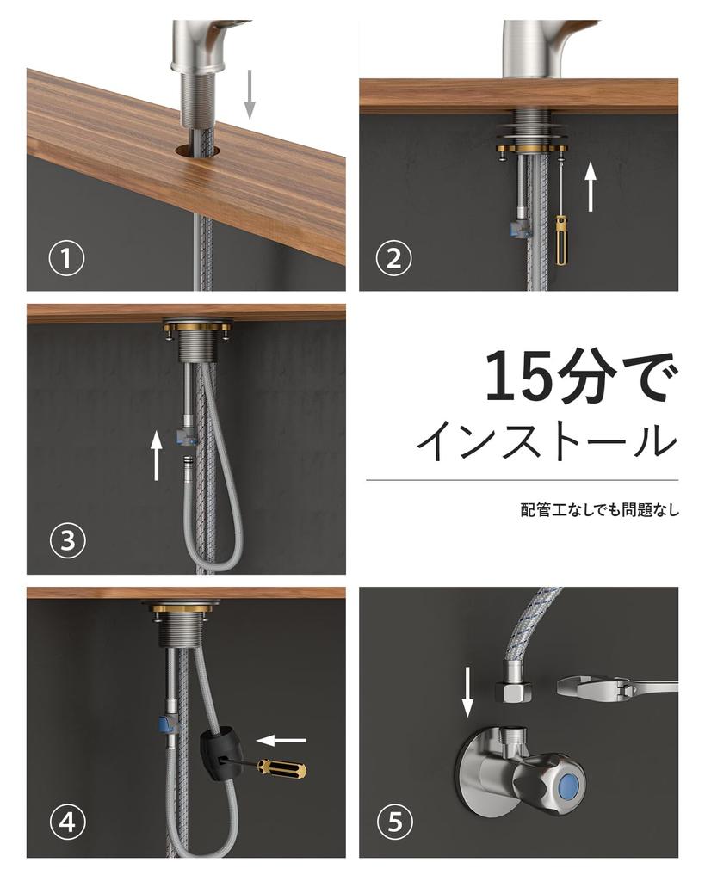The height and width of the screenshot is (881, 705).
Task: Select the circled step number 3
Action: tap(66, 540)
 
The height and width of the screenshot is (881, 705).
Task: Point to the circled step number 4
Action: tap(66, 823)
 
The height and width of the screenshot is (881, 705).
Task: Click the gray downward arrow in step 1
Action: tap(250, 94)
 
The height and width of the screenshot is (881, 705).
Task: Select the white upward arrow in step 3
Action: tap(156, 455)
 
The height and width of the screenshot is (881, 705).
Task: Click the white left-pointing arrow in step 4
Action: tap(283, 739)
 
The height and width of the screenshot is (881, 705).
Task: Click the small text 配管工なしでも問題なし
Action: tap(599, 509)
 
